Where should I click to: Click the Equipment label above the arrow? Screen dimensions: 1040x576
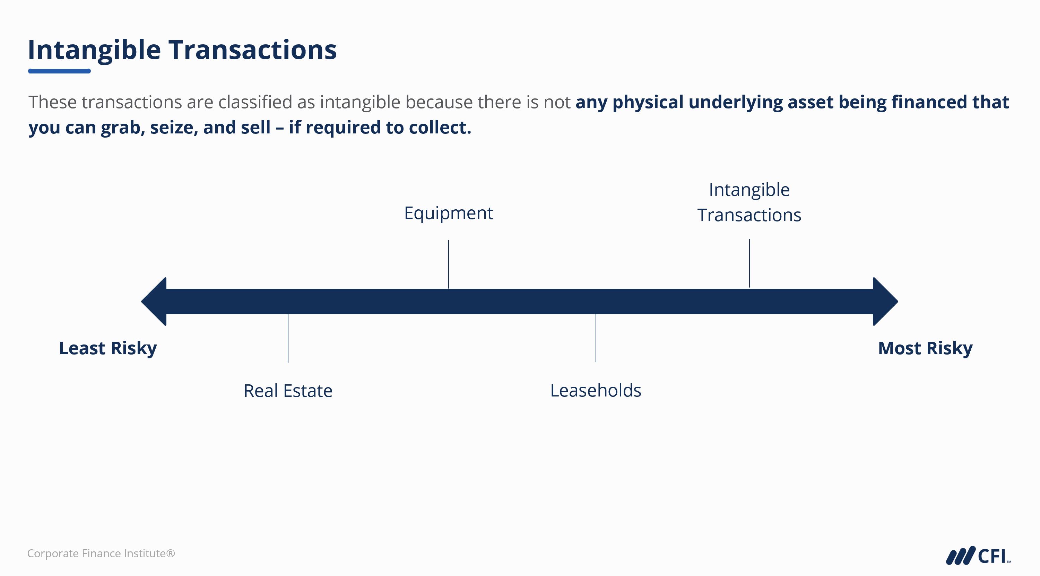tap(449, 213)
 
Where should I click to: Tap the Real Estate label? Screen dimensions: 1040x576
tap(288, 391)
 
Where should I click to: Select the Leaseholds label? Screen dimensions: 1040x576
tap(596, 390)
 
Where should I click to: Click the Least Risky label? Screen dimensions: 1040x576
tap(108, 348)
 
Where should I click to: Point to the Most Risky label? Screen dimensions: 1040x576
tap(925, 348)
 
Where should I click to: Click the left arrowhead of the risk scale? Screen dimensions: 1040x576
tap(155, 302)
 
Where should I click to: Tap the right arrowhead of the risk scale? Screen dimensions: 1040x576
tap(885, 302)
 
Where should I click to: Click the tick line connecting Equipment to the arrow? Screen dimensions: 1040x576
tap(449, 264)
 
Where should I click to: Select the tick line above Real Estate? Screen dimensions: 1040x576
tap(288, 338)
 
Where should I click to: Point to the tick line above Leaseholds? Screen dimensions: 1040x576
tap(596, 338)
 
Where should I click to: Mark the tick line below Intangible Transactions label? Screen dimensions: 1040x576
tap(749, 263)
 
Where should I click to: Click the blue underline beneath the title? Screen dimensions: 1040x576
tap(59, 71)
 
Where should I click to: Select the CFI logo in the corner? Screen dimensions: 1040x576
tap(978, 556)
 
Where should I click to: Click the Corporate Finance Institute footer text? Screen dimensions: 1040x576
tap(101, 553)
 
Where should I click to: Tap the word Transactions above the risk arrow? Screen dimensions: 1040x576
tap(749, 215)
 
